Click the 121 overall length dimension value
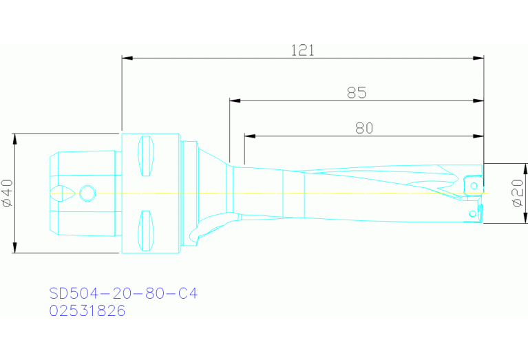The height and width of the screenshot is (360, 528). [302, 50]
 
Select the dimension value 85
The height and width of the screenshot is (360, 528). [356, 92]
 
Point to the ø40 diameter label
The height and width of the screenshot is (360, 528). [7, 193]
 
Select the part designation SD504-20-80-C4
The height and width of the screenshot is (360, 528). [123, 293]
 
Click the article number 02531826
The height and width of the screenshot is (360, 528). [87, 310]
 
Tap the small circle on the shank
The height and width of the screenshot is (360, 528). [87, 193]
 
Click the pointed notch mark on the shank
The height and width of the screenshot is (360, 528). [60, 193]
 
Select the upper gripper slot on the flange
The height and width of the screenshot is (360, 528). [146, 156]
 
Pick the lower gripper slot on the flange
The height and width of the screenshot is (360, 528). [146, 230]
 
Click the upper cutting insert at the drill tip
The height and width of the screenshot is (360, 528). [473, 184]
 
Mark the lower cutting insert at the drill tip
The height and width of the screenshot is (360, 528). [472, 213]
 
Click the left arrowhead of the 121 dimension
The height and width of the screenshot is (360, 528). [127, 58]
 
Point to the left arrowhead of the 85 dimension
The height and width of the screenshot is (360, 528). [235, 101]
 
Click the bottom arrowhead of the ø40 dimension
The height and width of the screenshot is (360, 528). [14, 248]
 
